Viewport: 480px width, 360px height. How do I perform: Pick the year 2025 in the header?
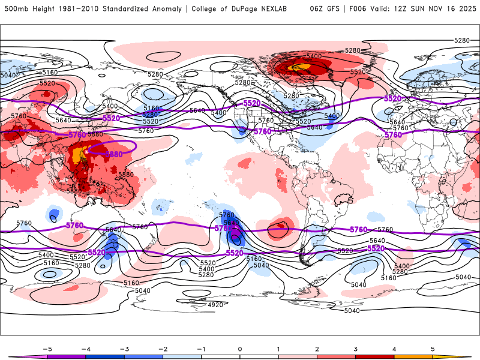[465, 9]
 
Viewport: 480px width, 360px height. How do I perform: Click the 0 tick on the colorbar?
[239, 348]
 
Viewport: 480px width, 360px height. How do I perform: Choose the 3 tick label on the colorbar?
[355, 348]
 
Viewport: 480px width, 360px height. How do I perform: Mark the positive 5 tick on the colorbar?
[433, 348]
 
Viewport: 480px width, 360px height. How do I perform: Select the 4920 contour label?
[215, 305]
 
